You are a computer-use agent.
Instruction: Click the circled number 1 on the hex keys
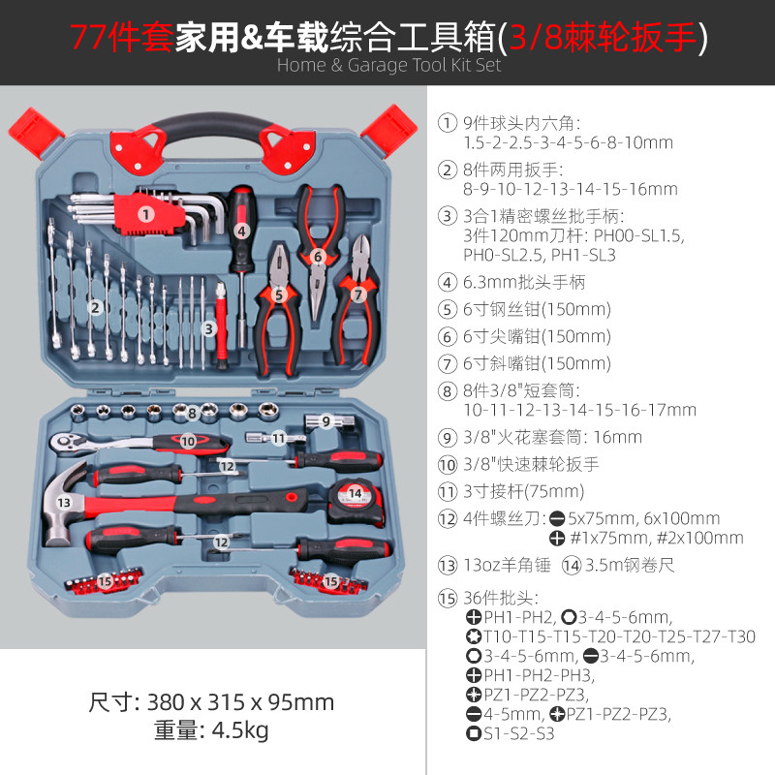tap(144, 214)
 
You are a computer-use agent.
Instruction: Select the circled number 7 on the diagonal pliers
tap(357, 294)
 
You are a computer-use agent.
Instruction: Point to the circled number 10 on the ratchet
tap(188, 441)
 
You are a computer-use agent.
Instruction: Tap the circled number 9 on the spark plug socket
tap(326, 420)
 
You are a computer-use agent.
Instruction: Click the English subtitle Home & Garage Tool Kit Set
tap(389, 65)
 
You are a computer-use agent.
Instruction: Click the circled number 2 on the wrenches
tap(95, 308)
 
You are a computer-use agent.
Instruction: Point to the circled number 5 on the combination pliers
tap(278, 294)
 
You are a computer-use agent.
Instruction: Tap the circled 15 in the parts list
tap(447, 598)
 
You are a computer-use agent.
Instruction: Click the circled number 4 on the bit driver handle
tap(241, 231)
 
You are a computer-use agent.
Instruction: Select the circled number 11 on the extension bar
tap(278, 438)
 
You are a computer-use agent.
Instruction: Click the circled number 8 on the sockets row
tap(193, 414)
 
